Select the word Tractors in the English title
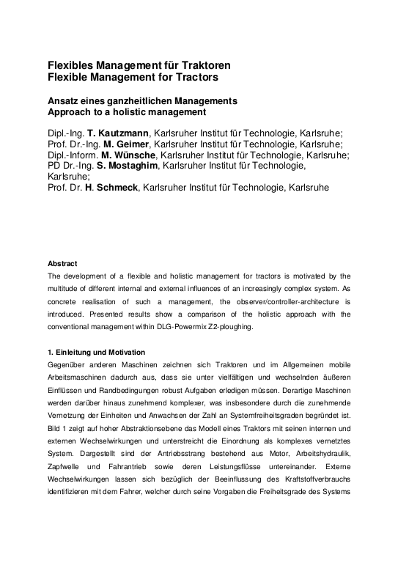coord(193,77)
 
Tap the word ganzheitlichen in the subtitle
coord(139,100)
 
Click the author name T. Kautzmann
coord(117,133)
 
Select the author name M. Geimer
coord(117,144)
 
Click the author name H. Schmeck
coord(110,188)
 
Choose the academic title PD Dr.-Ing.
coord(70,166)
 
